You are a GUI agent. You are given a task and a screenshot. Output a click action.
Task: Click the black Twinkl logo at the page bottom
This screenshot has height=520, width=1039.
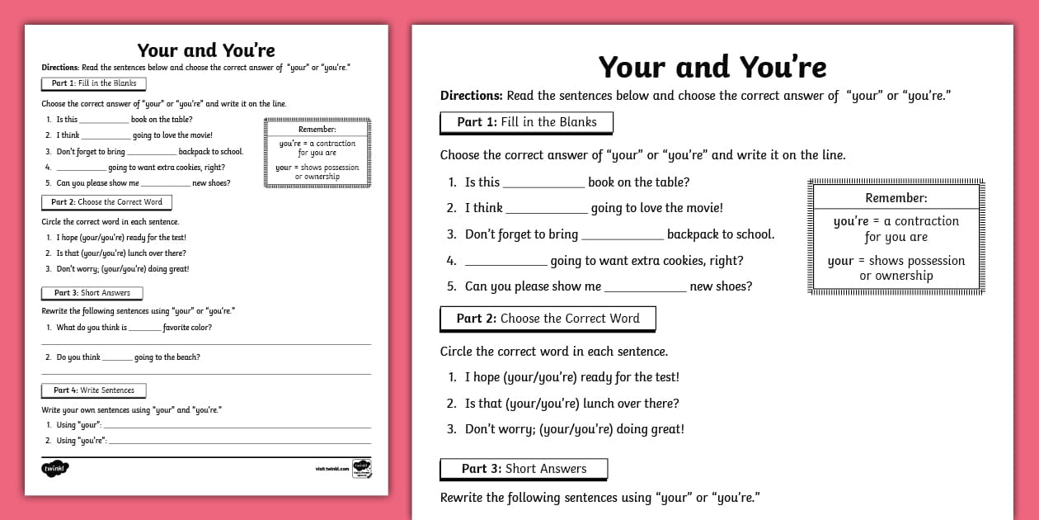click(55, 469)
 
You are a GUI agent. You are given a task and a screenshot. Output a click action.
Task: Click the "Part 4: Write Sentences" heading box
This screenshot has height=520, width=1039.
click(93, 390)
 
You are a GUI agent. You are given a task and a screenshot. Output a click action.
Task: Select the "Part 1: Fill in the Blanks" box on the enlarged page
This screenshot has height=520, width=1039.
click(526, 122)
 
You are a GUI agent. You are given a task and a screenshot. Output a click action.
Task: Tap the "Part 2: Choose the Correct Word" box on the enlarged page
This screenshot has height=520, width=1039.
click(548, 319)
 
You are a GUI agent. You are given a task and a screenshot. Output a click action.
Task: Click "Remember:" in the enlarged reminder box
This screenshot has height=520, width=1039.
click(896, 198)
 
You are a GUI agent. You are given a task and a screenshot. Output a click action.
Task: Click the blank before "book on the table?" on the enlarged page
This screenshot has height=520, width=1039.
click(543, 183)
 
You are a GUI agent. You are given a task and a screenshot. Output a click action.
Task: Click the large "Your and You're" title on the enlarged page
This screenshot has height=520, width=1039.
click(712, 67)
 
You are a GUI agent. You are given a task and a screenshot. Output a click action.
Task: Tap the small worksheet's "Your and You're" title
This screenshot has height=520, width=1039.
click(206, 50)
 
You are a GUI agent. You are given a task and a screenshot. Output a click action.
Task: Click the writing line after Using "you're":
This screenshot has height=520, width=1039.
click(239, 442)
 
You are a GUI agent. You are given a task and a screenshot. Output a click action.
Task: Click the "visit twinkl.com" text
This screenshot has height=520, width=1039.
click(332, 469)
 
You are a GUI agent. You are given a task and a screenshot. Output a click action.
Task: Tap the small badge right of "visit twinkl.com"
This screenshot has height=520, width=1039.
click(362, 468)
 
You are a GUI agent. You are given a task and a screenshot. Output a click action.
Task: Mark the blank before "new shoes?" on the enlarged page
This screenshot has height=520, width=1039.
click(645, 288)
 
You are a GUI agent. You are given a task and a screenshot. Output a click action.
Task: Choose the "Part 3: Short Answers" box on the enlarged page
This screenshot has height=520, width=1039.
click(524, 469)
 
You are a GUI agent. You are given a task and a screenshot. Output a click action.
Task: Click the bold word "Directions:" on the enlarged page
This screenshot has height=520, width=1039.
click(472, 96)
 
